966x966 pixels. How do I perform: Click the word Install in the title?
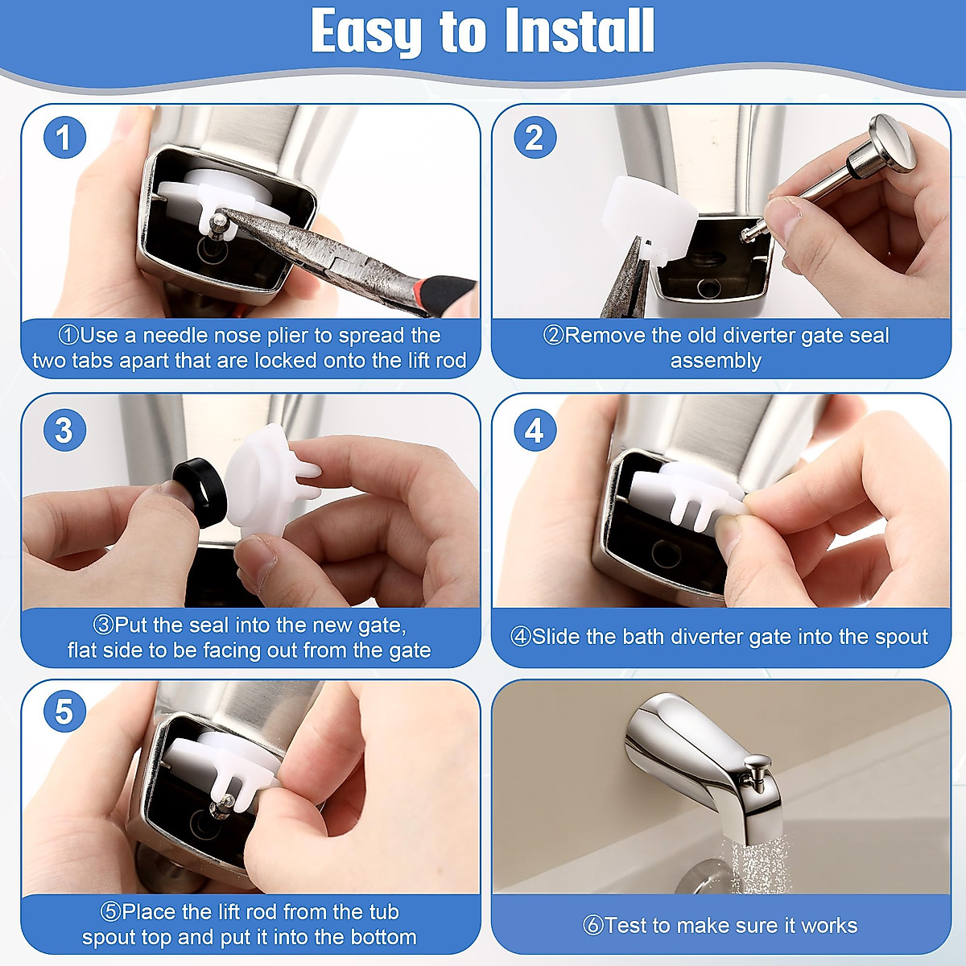579,31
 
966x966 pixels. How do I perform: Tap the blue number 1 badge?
64,138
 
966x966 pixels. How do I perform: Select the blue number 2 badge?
535,138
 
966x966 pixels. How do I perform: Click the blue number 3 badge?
64,430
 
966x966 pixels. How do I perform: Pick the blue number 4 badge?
535,430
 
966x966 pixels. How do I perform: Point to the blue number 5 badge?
64,711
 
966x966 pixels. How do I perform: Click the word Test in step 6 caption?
625,926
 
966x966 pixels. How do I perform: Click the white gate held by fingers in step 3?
266,481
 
